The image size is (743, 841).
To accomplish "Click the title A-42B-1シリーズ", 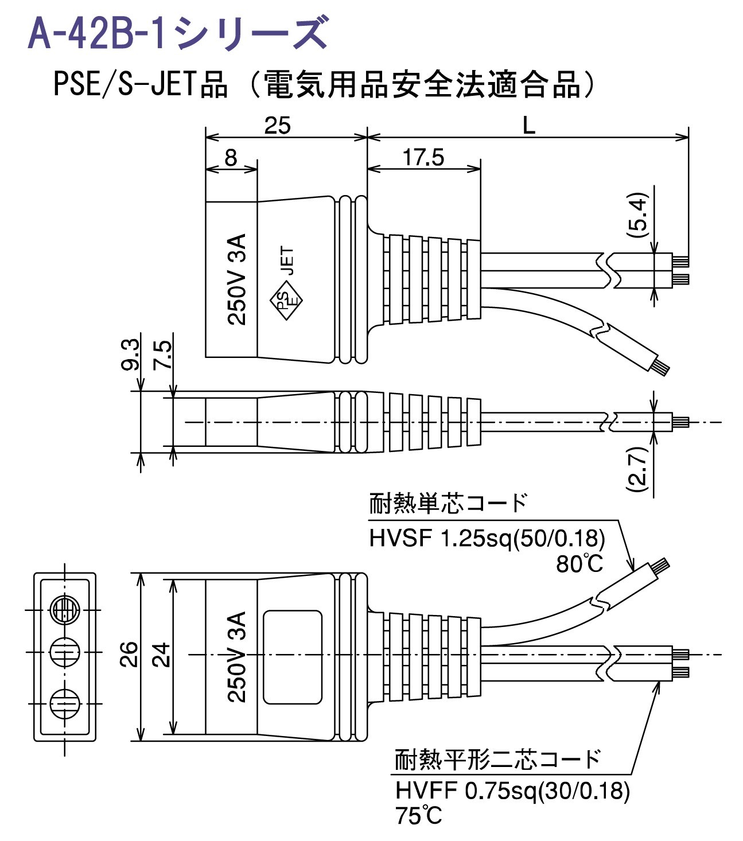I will click(178, 33).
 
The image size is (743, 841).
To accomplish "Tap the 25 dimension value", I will click(278, 126).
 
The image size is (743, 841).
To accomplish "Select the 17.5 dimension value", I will click(423, 157).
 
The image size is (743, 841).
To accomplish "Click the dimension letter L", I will click(528, 126).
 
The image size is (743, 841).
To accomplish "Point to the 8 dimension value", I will click(231, 158).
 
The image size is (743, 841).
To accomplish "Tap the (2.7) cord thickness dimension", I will click(638, 469).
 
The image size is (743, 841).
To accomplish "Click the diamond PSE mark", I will click(285, 299).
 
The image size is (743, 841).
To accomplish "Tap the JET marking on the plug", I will click(288, 261).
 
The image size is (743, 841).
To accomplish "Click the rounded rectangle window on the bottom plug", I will click(292, 656).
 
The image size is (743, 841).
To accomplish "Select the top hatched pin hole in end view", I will click(64, 610).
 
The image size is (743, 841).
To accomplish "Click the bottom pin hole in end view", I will click(64, 701).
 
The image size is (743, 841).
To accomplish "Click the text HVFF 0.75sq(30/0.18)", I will click(512, 791).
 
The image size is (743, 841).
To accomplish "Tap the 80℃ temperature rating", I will click(579, 564).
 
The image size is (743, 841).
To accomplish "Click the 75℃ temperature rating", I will click(419, 816).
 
